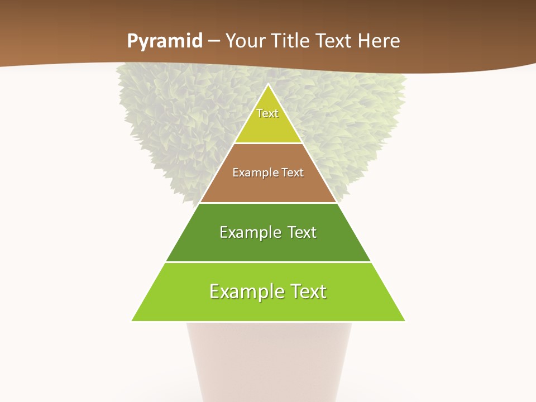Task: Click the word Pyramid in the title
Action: point(165,41)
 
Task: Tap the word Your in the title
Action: point(246,41)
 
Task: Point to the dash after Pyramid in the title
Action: point(214,41)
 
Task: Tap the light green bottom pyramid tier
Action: point(268,307)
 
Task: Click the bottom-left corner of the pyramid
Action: point(133,320)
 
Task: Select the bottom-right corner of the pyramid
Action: point(404,320)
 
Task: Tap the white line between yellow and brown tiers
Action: point(268,143)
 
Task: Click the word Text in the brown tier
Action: point(292,173)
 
